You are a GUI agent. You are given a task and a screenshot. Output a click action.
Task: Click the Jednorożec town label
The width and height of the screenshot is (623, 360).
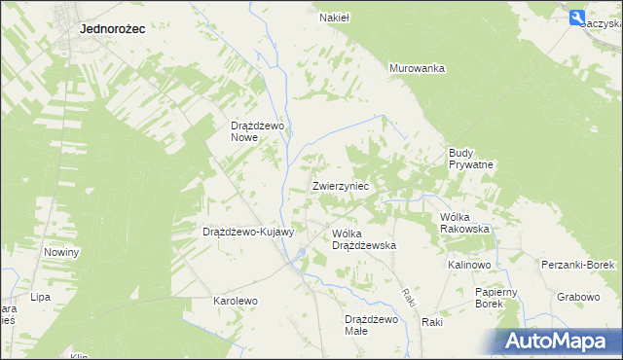112,29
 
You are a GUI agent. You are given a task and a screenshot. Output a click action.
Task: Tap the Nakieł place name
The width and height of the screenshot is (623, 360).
335,17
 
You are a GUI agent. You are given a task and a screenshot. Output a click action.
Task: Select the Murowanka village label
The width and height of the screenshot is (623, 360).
417,68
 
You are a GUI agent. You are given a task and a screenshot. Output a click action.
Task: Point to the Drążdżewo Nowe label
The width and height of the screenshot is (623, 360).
256,131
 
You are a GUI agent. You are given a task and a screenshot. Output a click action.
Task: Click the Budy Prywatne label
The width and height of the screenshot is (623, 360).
471,159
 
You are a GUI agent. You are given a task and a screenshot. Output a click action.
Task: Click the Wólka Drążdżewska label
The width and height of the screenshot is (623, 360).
363,239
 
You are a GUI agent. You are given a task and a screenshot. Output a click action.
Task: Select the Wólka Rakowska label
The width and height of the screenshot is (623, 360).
464,223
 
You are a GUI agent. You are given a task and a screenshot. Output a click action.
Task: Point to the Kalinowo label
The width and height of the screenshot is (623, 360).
469,265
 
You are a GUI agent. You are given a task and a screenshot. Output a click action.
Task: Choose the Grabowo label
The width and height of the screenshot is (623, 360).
578,296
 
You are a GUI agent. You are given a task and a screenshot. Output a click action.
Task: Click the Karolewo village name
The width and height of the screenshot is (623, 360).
235,302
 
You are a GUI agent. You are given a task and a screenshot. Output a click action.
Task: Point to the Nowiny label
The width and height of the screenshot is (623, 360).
61,252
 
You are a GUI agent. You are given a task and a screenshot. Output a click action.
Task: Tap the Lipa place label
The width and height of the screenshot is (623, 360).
40,296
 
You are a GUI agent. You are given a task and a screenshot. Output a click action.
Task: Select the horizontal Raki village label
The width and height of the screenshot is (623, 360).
433,322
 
